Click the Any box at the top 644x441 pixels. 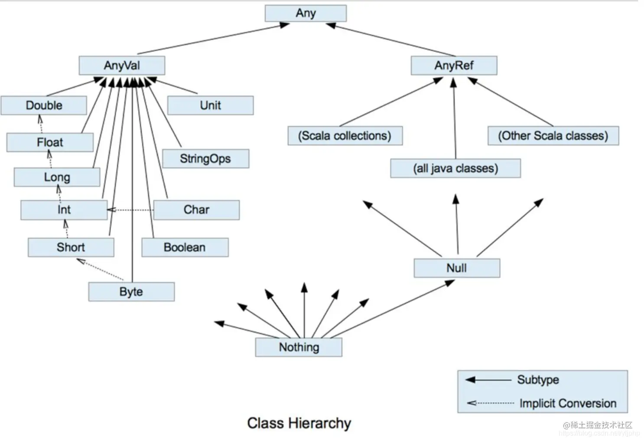306,13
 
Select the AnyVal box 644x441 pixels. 122,66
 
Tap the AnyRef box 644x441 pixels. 454,66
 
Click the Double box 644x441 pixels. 44,105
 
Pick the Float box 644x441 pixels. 50,142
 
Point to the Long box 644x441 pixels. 57,177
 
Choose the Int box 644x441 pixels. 64,210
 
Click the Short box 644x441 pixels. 71,247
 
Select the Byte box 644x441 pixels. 131,292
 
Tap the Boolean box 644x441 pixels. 185,247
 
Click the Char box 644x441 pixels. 196,210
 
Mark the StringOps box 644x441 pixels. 205,159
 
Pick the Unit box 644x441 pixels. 210,105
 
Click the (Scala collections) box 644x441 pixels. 345,136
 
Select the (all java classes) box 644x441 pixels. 455,168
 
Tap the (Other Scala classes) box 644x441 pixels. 553,136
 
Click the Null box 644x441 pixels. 456,268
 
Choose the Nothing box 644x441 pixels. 299,347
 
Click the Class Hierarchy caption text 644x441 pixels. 299,423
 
